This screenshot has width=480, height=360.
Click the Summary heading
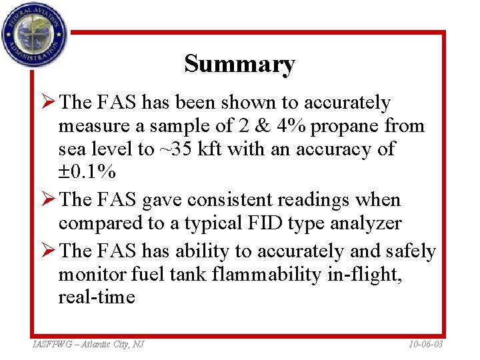(239, 64)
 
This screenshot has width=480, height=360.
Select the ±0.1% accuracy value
(87, 172)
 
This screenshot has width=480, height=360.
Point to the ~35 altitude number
(173, 149)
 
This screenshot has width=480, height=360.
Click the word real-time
(97, 297)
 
